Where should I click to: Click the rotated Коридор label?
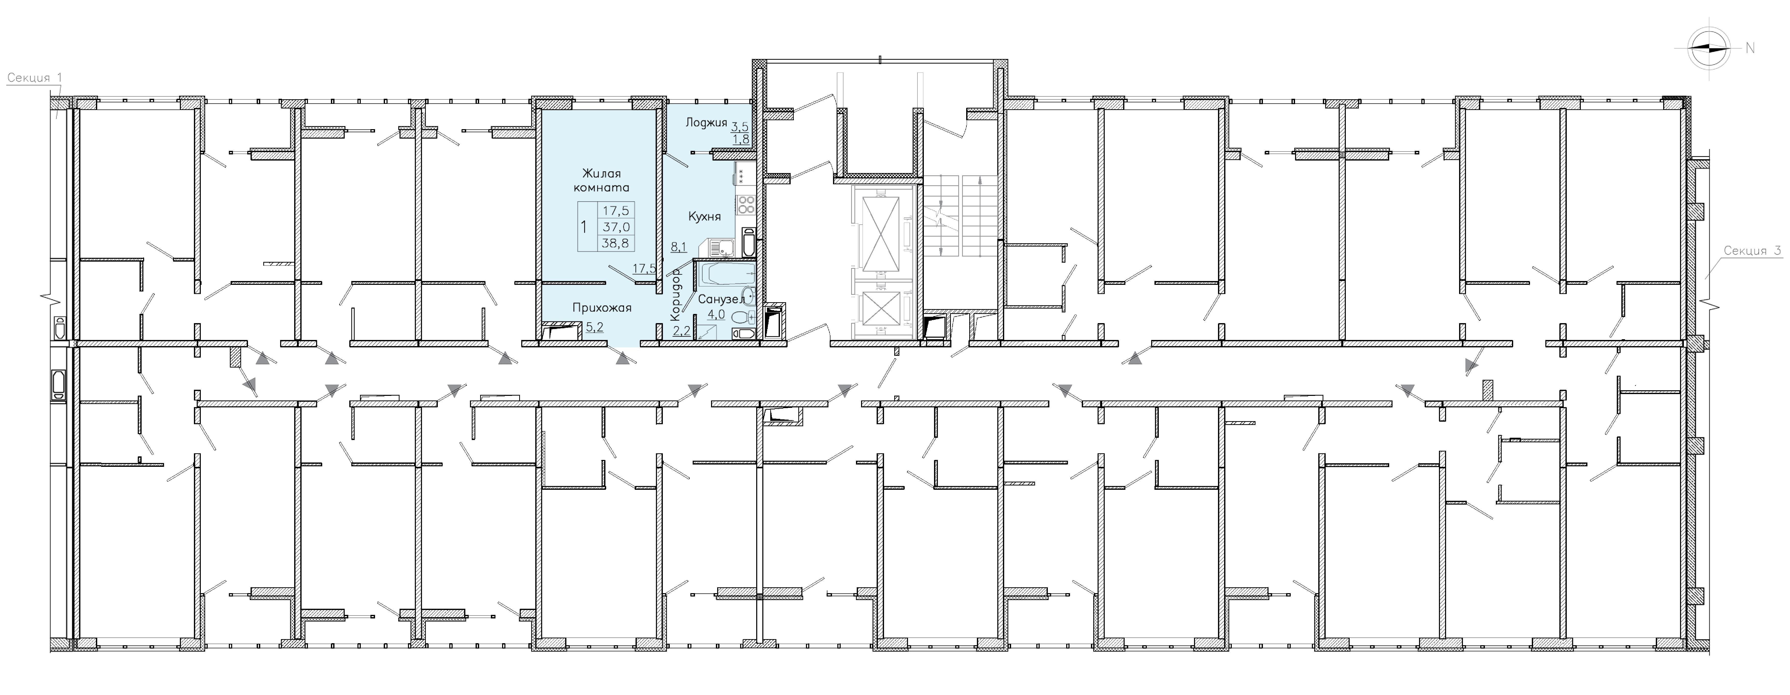(675, 295)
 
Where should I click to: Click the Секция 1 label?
(29, 78)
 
